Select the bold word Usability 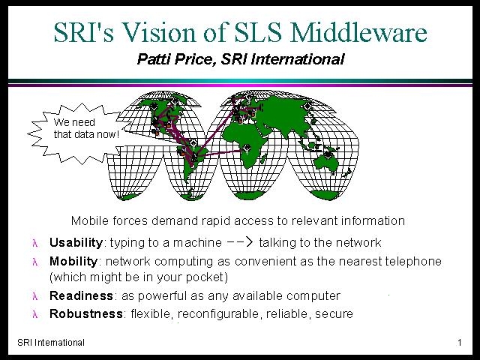coord(76,242)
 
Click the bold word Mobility coord(73,261)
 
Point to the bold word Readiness coord(82,295)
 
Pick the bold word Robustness coord(86,313)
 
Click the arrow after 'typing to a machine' coord(240,241)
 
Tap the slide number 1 coord(460,342)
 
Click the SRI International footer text coord(51,342)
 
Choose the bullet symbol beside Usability coord(35,243)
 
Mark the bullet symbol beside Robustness coord(35,314)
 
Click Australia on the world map coord(327,161)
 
